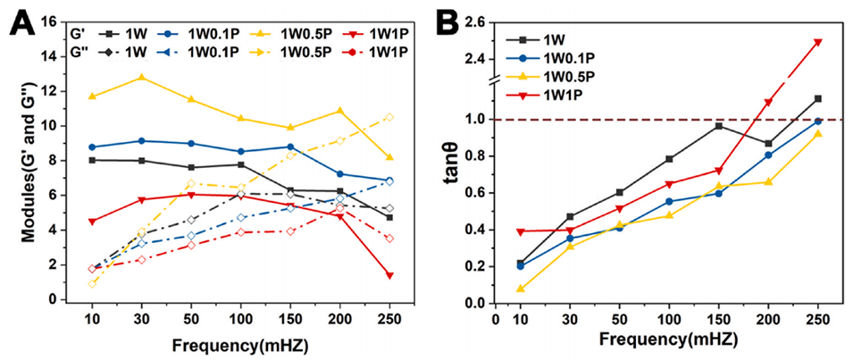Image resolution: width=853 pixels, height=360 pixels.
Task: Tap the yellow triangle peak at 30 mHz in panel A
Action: pyautogui.click(x=141, y=78)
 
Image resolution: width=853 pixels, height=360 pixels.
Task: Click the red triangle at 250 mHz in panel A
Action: pyautogui.click(x=390, y=275)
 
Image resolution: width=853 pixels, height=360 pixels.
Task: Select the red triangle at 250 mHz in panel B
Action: pyautogui.click(x=817, y=42)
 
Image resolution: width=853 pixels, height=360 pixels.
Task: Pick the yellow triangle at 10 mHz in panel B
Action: pyautogui.click(x=520, y=289)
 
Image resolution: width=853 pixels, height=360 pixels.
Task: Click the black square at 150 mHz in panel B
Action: pyautogui.click(x=718, y=126)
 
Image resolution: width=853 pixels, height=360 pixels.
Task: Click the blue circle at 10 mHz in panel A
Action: pyautogui.click(x=92, y=147)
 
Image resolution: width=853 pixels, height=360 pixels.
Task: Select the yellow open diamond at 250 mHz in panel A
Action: pyautogui.click(x=390, y=117)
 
